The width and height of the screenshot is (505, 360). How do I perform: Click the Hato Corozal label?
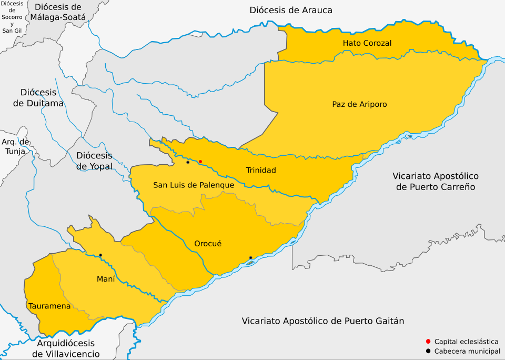[367, 43]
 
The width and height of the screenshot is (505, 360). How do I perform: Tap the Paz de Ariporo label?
[359, 104]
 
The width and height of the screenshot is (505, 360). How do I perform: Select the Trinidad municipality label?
[261, 170]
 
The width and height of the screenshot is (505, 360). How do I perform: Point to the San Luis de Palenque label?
[194, 185]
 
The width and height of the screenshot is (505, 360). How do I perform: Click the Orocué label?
[208, 244]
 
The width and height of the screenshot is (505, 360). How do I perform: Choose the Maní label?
[106, 279]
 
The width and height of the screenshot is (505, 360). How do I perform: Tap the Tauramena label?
[49, 306]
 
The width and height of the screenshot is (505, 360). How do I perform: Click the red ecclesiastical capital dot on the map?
[200, 162]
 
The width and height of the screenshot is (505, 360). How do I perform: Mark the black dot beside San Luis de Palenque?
[188, 162]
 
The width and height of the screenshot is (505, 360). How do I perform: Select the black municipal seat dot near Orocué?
[250, 257]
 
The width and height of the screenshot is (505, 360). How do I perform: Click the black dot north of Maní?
[100, 255]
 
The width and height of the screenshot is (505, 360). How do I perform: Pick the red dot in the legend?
[429, 342]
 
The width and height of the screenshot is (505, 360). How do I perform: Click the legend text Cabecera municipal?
[466, 351]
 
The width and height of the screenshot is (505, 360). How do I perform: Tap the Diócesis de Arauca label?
[291, 10]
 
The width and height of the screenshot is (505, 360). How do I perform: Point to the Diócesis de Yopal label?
[94, 161]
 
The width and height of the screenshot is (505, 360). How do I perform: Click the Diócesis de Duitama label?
[38, 98]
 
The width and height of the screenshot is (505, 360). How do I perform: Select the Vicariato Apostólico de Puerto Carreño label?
[436, 181]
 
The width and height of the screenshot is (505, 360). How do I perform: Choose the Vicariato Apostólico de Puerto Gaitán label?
[323, 321]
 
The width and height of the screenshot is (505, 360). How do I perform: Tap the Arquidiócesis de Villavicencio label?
[66, 349]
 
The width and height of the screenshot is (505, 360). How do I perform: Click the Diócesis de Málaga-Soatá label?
[58, 12]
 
